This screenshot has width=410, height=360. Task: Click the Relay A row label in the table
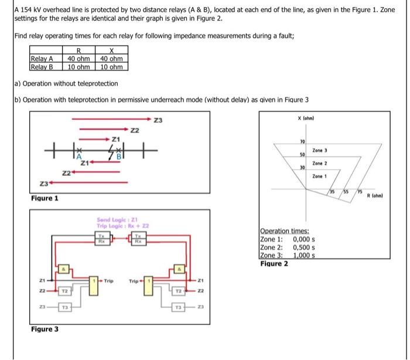click(x=42, y=59)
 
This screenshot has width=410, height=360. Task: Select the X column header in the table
click(x=111, y=52)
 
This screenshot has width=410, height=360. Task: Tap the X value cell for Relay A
click(x=111, y=59)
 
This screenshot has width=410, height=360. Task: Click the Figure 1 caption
click(x=45, y=199)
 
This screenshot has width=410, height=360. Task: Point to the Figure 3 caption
click(x=45, y=329)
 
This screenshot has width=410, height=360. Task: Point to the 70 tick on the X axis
click(x=303, y=142)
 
